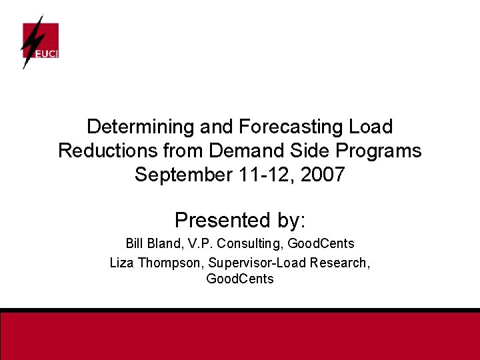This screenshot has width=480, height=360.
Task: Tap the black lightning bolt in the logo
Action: coord(31,41)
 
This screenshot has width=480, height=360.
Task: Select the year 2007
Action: coord(323,175)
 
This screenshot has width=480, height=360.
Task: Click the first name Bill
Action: coord(135,244)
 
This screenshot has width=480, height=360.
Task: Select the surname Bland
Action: coord(165,244)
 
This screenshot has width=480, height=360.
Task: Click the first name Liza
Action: coord(122,263)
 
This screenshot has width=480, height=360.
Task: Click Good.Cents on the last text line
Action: coord(240,279)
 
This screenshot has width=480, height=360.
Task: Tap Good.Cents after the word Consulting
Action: coord(321,244)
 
